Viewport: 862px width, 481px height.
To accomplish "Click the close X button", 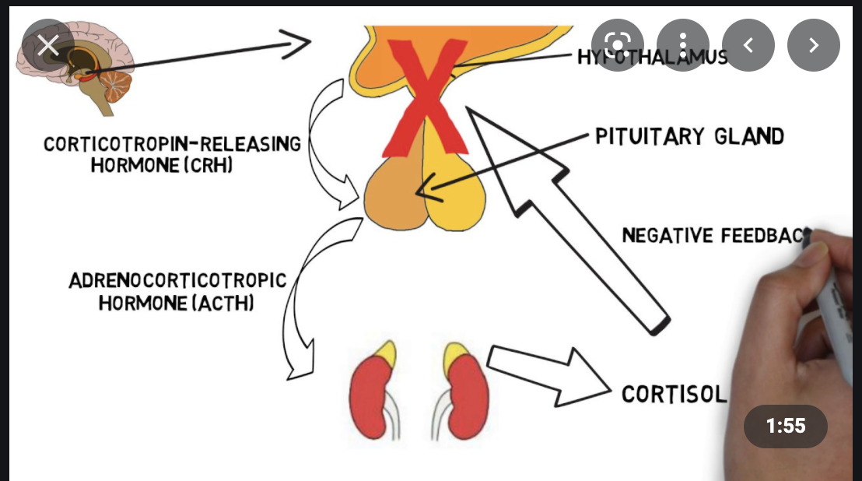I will pos(48,45).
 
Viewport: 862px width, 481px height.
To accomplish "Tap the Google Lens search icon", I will pos(618,45).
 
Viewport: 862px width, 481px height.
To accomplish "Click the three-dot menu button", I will pos(683,45).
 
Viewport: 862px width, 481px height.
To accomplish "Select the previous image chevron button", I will pos(748,45).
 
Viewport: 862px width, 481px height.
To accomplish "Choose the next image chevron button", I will pos(814,45).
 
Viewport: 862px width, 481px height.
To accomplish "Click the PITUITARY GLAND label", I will pos(689,137).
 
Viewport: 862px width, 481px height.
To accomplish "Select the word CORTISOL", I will pos(674,394).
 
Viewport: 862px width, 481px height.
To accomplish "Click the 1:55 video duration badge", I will pos(786,427).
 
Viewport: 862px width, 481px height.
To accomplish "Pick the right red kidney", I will pos(468,393).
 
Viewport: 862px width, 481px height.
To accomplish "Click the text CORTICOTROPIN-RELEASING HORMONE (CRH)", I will pos(172,155).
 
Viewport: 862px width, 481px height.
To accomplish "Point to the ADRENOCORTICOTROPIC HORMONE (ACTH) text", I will pos(177,291).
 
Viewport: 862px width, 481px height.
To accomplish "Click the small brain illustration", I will pos(78,70).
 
